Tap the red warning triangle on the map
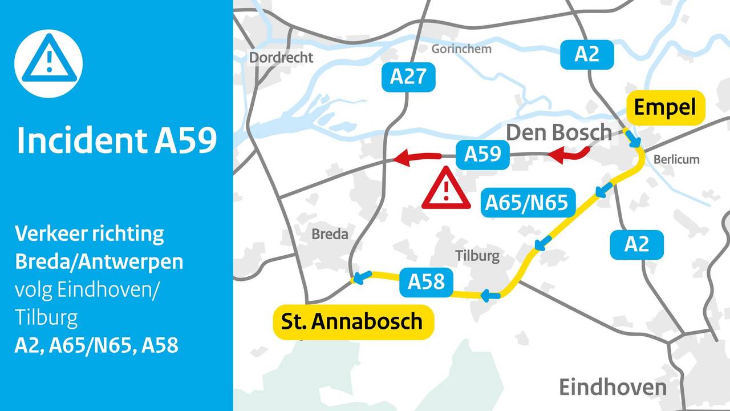pos(446,190)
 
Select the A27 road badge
pos(408,76)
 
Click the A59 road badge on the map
pos(482,155)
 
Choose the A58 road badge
pos(426,281)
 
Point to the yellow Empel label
pos(666,107)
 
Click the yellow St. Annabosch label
pos(352,321)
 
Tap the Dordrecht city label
pos(281,58)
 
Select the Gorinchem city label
pos(461,49)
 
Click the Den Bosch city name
pos(558,133)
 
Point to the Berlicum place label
pos(676,159)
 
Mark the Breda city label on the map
pos(330,234)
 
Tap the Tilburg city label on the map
pos(477,256)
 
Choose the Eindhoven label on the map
pos(613,386)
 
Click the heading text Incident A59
pos(116,140)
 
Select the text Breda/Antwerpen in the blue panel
pos(99,261)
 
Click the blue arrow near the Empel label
pos(633,139)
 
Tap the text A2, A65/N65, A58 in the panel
pos(96,345)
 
